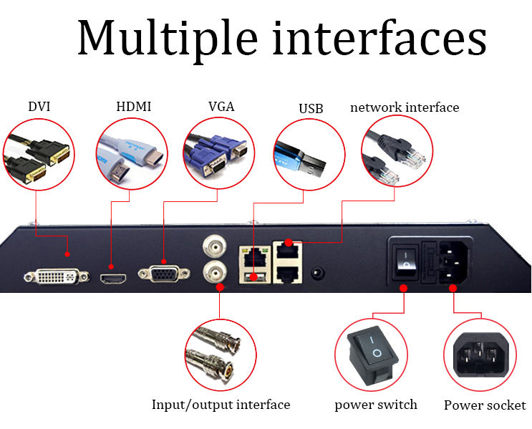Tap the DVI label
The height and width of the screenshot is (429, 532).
[39, 107]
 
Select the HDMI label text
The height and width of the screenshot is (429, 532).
[134, 107]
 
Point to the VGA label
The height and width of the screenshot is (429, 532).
[221, 107]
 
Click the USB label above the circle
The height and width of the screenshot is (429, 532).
[311, 109]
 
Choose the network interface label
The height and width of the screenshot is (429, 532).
[405, 107]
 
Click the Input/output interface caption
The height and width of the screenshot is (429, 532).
[221, 405]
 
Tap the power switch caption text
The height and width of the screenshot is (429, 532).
[375, 405]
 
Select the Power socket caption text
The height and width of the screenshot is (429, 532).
[485, 405]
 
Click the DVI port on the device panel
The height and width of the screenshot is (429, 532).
[57, 276]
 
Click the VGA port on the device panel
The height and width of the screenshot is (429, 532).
[164, 275]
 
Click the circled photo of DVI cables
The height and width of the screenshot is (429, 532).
[38, 154]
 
